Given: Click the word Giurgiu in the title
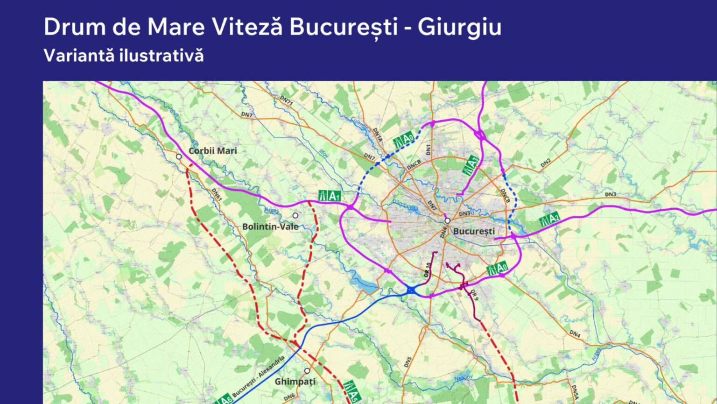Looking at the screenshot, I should coord(459,27).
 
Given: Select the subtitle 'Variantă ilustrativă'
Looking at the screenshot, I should coord(124,56).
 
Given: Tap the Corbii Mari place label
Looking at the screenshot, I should coord(213,151).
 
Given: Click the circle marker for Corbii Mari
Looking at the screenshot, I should coord(179,157).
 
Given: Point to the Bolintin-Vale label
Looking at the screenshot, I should coord(270,227).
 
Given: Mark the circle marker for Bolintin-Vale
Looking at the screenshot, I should coord(295,215).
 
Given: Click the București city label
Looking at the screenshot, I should coord(474,231).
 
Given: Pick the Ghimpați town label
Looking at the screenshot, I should coord(295,382).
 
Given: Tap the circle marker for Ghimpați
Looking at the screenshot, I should coord(307,371).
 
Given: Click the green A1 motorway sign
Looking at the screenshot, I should coord(330,196).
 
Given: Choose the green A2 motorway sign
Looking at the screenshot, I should coord(549,219).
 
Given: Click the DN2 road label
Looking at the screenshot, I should coord(545,163).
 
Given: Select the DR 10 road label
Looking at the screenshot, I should coord(427,270).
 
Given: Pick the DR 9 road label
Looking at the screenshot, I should coord(474,295).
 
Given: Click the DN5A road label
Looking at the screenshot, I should coord(575,392).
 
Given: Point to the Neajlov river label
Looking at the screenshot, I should coord(464,377).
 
